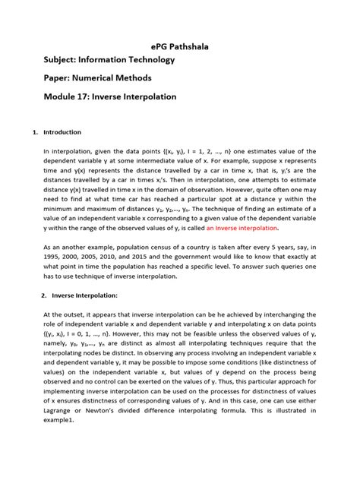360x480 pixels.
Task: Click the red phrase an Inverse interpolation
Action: [242, 227]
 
